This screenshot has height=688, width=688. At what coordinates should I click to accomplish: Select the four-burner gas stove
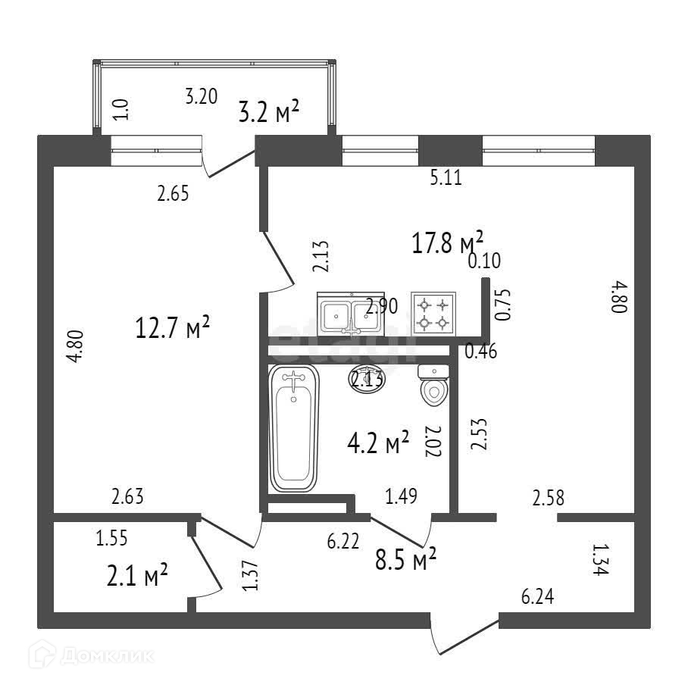[433, 314]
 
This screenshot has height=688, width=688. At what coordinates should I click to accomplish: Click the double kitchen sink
[351, 314]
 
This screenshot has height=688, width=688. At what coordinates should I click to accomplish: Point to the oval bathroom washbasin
[367, 377]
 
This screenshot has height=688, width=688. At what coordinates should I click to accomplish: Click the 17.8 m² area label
[447, 242]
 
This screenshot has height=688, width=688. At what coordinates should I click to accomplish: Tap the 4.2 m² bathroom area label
[378, 442]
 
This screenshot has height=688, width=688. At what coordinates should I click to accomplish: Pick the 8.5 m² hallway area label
[405, 560]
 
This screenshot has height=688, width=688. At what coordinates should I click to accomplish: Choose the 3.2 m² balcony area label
[269, 114]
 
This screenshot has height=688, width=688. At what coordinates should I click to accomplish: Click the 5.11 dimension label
[446, 178]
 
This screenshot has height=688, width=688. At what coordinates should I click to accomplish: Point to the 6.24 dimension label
[537, 597]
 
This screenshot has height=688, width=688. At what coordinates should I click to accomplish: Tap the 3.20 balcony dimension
[202, 96]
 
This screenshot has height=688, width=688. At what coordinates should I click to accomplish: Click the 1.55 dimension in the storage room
[112, 539]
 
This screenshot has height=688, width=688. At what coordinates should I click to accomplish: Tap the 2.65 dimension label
[173, 193]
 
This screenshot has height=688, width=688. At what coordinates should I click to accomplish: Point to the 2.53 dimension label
[478, 435]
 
